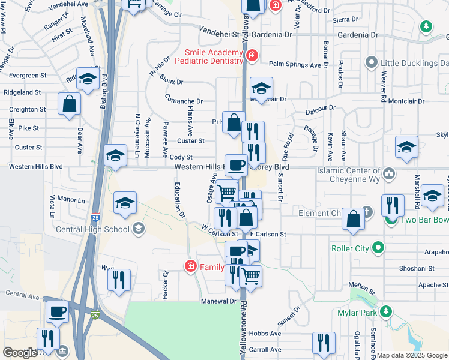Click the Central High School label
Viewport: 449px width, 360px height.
coord(92,229)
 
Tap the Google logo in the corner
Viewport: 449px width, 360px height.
coord(20,353)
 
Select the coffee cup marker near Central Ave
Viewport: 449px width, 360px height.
coord(58,311)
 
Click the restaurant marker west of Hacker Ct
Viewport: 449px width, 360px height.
coord(119,278)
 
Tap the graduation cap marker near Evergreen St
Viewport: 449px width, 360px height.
coord(88,79)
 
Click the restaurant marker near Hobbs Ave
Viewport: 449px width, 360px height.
coord(324,343)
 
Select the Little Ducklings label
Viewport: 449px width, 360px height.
coord(414,63)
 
